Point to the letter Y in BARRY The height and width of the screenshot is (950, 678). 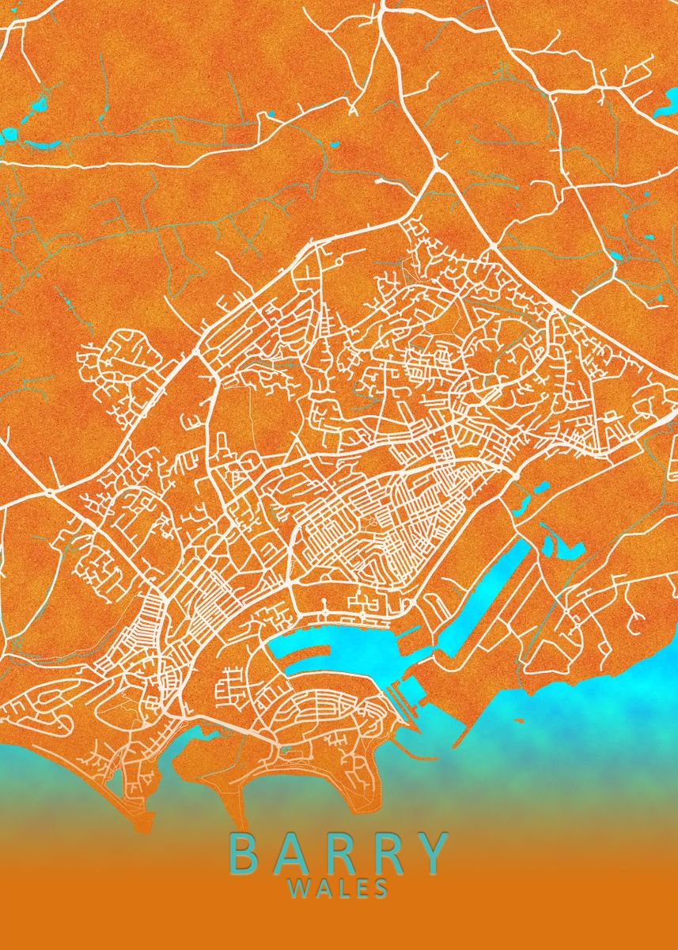(432, 853)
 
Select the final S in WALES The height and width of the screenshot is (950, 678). (381, 889)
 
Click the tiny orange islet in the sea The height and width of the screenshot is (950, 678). (519, 721)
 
